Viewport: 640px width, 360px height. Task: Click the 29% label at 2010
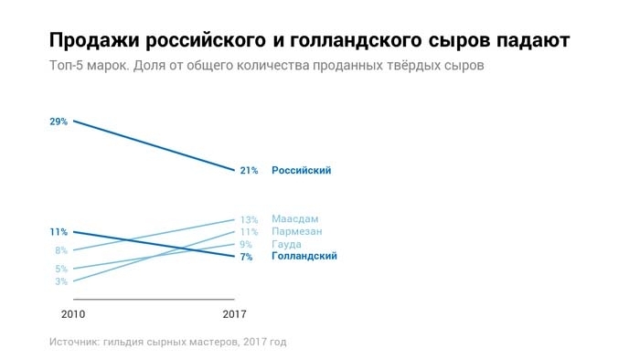59,121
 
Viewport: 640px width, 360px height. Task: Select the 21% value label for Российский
249,170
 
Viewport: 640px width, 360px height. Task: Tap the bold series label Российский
301,170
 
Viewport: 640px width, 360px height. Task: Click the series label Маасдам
295,219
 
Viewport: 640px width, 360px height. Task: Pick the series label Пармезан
298,232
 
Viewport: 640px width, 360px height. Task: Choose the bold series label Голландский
304,257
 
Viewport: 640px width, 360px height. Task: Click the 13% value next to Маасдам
249,219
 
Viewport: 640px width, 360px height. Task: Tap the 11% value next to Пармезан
249,232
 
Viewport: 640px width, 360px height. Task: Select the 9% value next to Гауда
246,245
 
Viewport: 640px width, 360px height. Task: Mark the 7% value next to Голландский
246,257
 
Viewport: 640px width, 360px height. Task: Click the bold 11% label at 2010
59,232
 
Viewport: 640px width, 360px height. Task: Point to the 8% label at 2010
61,250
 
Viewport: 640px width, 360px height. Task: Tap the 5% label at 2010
61,269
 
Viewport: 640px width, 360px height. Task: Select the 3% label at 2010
61,281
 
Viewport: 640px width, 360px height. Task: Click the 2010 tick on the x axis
73,314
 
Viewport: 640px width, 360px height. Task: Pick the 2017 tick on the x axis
235,314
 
